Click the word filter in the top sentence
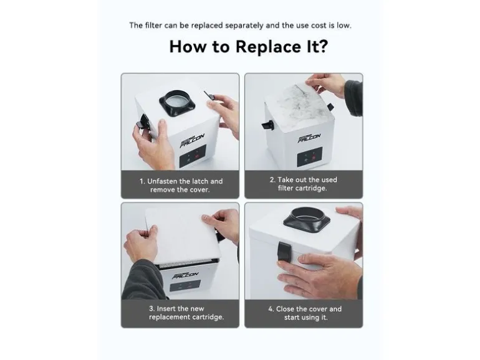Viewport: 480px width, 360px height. [x=153, y=25]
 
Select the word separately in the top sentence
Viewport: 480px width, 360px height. [x=244, y=26]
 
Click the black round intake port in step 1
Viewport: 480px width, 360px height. [x=177, y=103]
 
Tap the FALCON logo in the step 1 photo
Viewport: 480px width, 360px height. [x=191, y=140]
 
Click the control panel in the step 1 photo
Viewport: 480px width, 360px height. [x=192, y=156]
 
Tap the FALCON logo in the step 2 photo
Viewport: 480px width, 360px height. [x=309, y=138]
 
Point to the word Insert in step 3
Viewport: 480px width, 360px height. [x=166, y=308]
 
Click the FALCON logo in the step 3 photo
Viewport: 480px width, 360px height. [x=185, y=275]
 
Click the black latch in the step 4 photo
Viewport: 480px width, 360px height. [x=284, y=251]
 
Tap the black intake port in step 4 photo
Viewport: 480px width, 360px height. [x=307, y=217]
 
